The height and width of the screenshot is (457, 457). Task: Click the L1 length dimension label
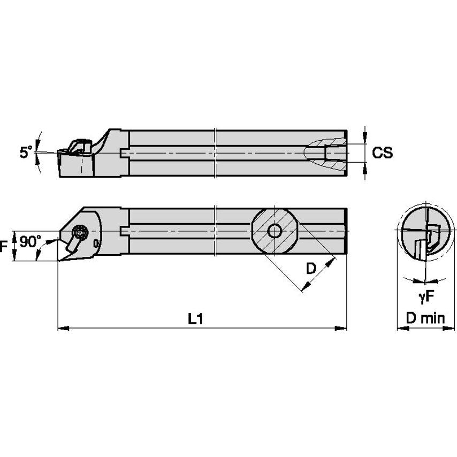(195, 319)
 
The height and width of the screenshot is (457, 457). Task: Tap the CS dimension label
(382, 153)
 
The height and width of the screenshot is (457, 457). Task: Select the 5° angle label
(26, 153)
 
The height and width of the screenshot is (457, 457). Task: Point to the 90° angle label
(30, 242)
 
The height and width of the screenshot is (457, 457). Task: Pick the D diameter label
(310, 269)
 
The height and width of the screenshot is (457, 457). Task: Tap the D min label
(425, 319)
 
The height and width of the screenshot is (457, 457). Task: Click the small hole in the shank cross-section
(275, 231)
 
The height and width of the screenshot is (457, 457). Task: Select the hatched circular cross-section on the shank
(275, 231)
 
